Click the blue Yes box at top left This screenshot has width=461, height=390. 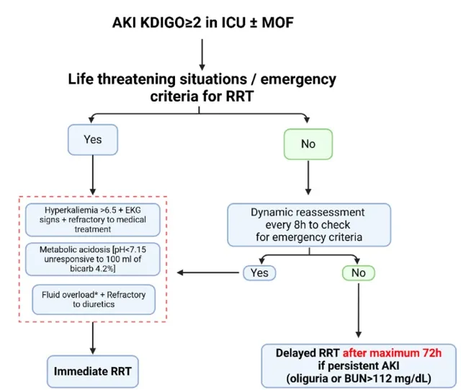pyautogui.click(x=92, y=140)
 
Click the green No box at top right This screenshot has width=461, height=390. pyautogui.click(x=308, y=144)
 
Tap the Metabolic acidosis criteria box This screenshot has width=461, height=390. pyautogui.click(x=94, y=259)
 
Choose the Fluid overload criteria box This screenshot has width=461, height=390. pyautogui.click(x=94, y=298)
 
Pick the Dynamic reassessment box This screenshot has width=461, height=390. pyautogui.click(x=309, y=225)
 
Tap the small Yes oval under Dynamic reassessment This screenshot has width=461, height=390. pyautogui.click(x=259, y=272)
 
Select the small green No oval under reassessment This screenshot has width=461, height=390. pyautogui.click(x=358, y=272)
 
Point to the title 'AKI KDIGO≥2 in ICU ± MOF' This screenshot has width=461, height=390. pyautogui.click(x=202, y=24)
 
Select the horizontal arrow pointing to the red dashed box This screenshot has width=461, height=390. pyautogui.click(x=209, y=272)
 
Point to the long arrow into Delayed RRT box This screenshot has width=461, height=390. pyautogui.click(x=358, y=310)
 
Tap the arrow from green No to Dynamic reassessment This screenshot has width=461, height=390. pyautogui.click(x=308, y=180)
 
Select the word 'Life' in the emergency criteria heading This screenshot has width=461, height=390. pyautogui.click(x=82, y=79)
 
